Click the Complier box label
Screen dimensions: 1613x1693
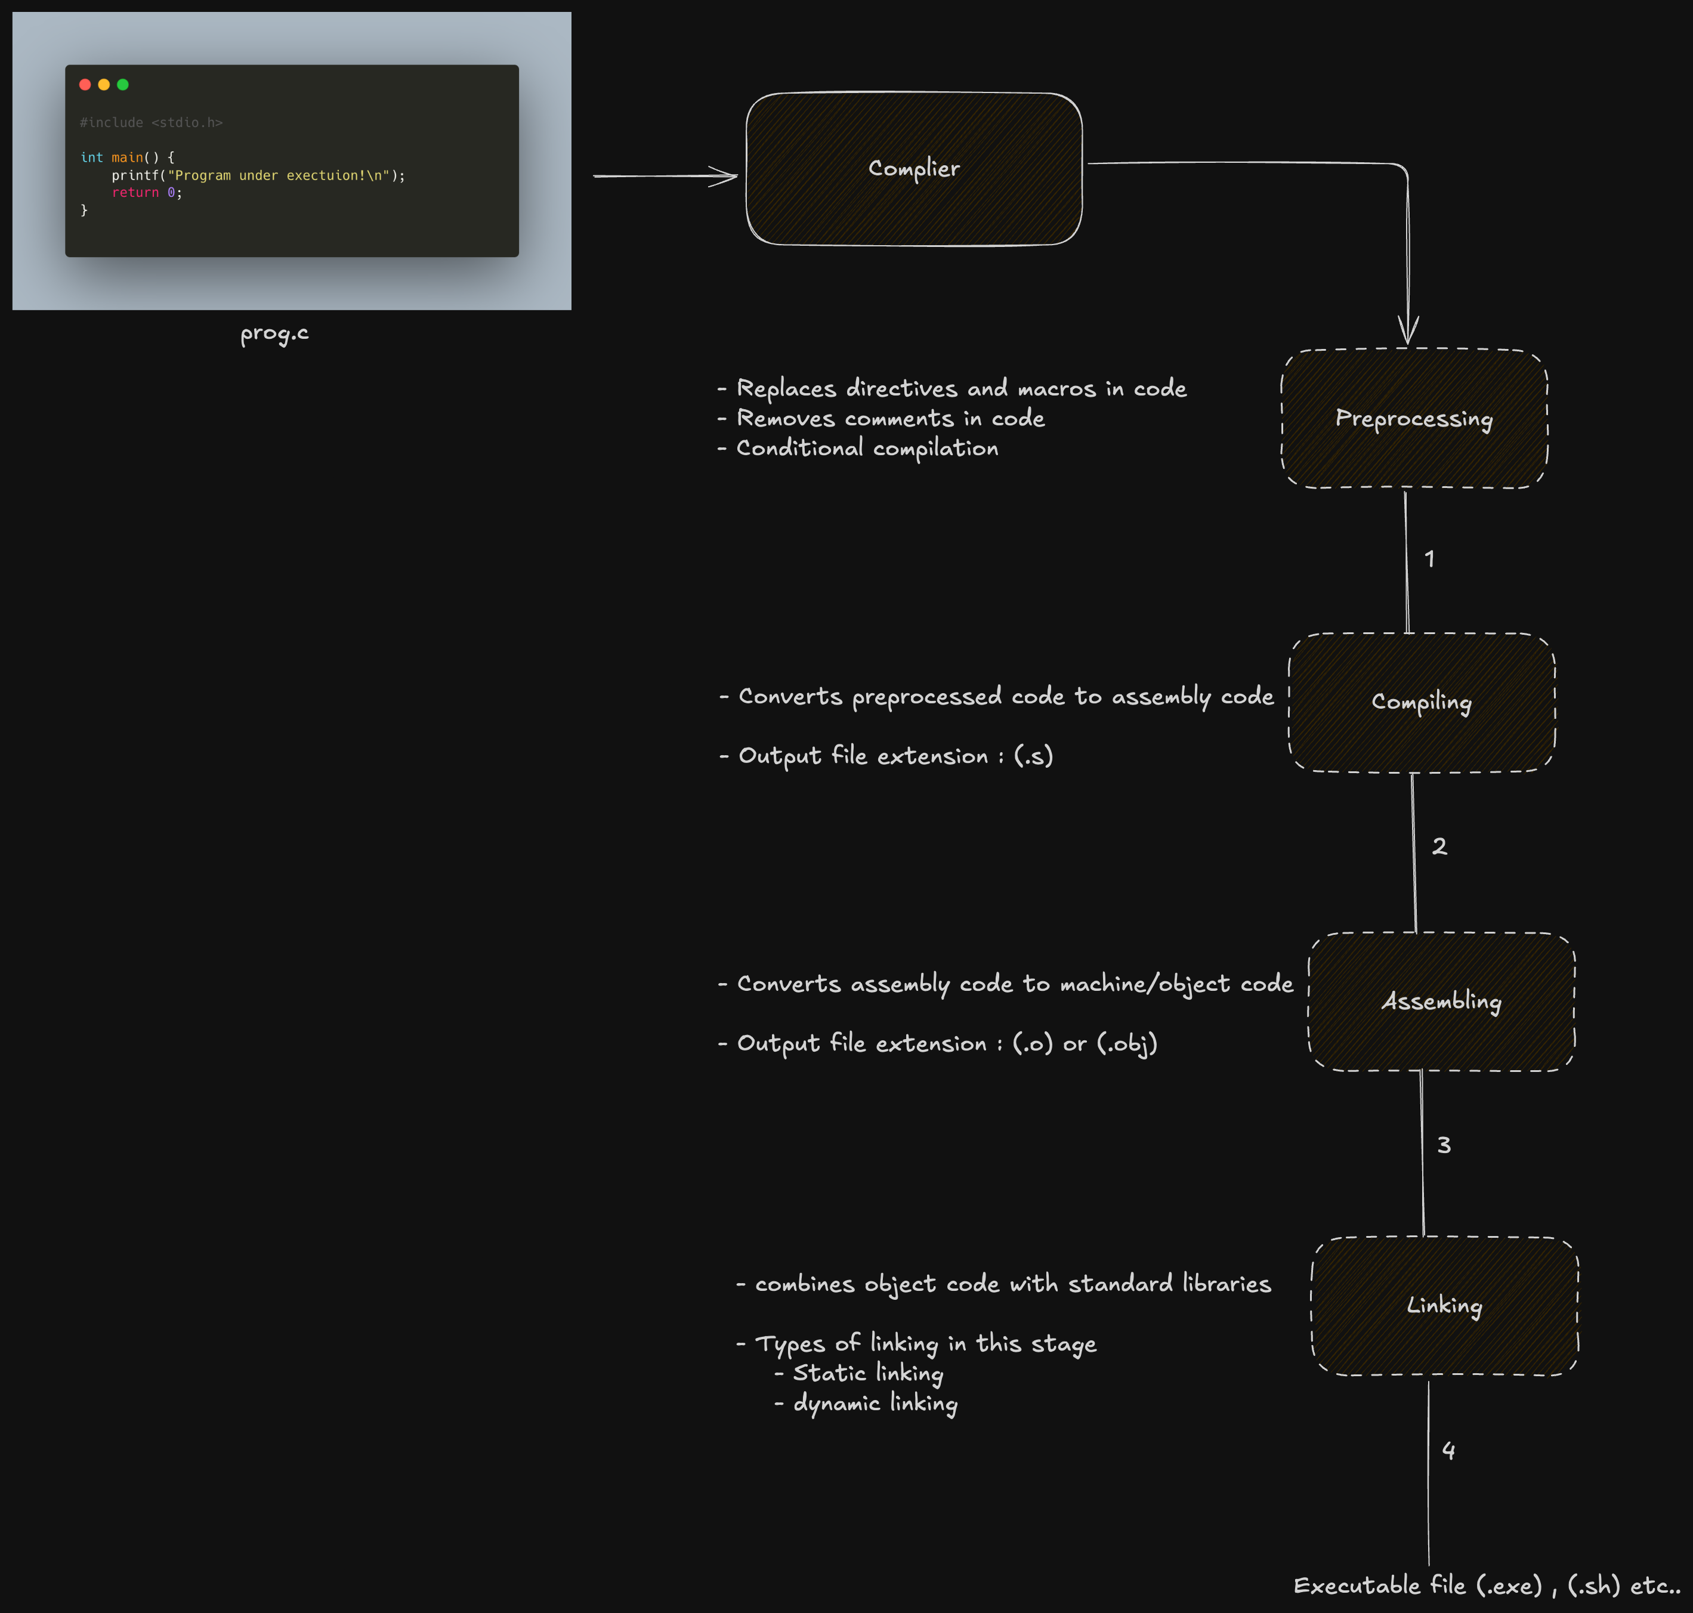click(913, 169)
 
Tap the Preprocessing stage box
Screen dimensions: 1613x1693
click(1414, 419)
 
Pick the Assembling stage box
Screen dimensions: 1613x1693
click(1441, 1002)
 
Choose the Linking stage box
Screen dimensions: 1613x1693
click(1444, 1305)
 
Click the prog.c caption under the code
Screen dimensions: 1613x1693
click(274, 333)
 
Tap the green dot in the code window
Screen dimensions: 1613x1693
click(123, 84)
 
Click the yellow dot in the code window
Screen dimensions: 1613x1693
click(104, 84)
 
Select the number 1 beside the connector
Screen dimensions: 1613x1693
click(1429, 559)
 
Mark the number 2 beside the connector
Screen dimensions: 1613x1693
click(1439, 846)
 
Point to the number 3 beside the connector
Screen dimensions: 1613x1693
click(1444, 1145)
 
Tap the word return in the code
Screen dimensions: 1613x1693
click(135, 193)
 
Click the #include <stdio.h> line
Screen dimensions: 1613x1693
click(152, 123)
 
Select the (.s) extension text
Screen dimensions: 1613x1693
click(1033, 756)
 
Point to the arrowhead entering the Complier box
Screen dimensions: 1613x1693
click(727, 176)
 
